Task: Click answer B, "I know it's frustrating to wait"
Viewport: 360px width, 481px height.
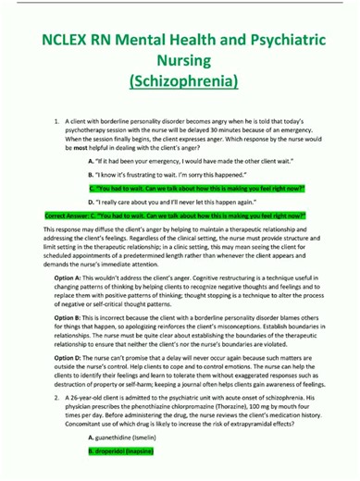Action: [x=157, y=174]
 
